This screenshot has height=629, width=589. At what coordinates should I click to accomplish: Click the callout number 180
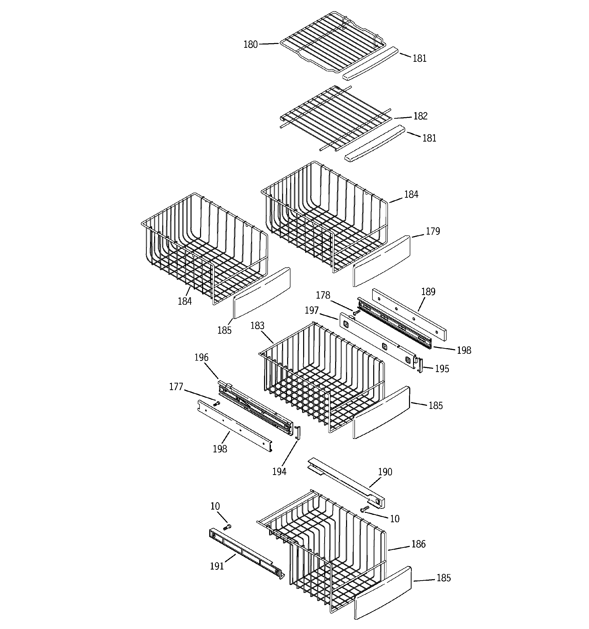click(x=250, y=45)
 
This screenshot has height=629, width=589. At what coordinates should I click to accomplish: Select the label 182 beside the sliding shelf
click(x=420, y=116)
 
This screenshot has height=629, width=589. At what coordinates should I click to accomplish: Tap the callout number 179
click(x=433, y=231)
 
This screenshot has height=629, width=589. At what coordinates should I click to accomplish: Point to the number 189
click(x=428, y=292)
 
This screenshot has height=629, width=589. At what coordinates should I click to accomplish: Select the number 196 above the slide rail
click(x=201, y=358)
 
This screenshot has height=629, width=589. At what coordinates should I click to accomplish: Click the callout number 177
click(x=176, y=387)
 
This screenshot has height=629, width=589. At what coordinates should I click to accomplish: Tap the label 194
click(x=279, y=472)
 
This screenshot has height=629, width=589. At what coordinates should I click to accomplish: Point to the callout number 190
click(x=385, y=472)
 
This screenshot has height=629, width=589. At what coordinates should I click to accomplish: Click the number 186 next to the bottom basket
click(x=418, y=544)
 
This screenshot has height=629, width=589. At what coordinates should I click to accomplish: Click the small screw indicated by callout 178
click(x=356, y=313)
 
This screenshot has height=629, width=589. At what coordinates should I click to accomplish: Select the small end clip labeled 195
click(x=420, y=365)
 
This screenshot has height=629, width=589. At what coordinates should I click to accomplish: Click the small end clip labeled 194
click(x=298, y=433)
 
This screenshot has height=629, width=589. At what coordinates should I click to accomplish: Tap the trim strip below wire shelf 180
click(x=370, y=63)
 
